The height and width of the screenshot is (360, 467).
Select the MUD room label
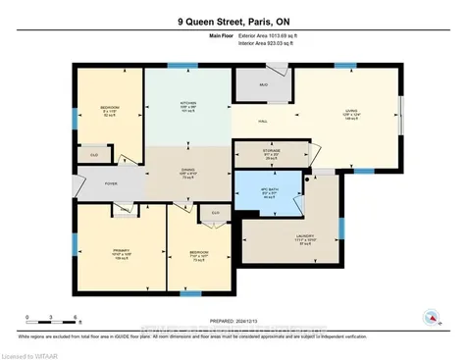263,85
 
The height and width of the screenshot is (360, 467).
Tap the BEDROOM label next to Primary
200,254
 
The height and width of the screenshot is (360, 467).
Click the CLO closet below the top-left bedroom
94,154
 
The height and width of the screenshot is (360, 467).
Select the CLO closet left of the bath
213,212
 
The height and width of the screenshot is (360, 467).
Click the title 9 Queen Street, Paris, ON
233,18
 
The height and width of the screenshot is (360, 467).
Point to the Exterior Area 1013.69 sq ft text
279,35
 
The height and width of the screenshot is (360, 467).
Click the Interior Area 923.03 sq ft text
279,44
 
